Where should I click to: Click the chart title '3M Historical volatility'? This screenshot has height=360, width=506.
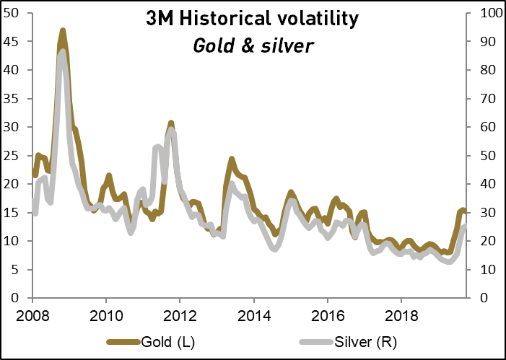pos(253,20)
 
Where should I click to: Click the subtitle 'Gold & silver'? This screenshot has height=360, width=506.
pos(253,45)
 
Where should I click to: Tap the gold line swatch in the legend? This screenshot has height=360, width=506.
pos(123,341)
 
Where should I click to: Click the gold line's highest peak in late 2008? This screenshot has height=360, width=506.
pos(63,31)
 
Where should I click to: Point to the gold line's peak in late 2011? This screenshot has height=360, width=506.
pos(171,123)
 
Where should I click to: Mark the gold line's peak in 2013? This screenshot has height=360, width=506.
pos(232,159)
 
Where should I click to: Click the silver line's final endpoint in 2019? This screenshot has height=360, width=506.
pos(464,226)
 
